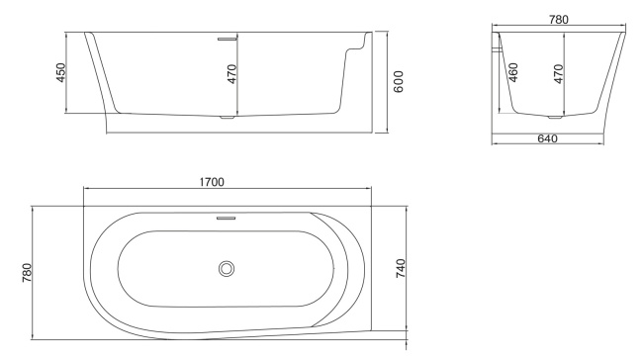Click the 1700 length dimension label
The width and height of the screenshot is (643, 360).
point(212,182)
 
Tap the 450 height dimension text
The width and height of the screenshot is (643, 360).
point(59,74)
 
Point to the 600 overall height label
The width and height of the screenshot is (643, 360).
point(398,81)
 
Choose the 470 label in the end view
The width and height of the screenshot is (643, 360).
point(559,73)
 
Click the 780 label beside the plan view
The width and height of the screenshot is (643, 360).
point(27,270)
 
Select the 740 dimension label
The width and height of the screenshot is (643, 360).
point(402,268)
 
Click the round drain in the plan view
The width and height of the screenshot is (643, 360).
point(227,267)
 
